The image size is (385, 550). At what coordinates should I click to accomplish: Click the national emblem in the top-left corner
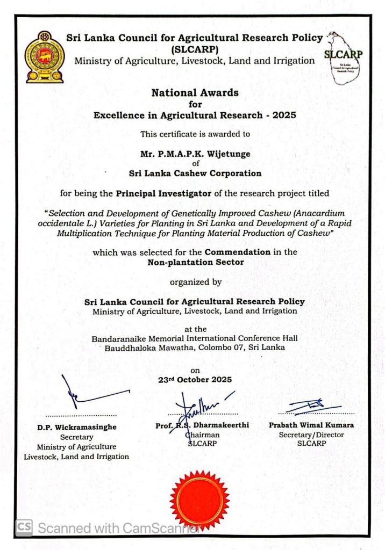point(45,57)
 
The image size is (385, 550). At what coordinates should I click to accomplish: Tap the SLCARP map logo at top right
point(344,58)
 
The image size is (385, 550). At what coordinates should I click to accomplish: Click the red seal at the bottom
point(199,500)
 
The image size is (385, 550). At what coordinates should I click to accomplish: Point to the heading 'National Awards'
point(195,92)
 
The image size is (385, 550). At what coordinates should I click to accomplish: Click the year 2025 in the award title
point(283,115)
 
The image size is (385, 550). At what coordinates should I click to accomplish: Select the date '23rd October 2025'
point(195,379)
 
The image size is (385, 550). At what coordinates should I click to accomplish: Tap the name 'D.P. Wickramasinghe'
point(77,427)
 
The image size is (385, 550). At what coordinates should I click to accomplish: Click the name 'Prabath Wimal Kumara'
point(311,425)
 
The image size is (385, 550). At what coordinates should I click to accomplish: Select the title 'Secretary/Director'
point(311,435)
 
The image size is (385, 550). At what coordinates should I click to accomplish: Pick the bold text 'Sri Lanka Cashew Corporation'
point(195,173)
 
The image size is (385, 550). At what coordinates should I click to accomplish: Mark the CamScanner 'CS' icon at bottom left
point(24,527)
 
